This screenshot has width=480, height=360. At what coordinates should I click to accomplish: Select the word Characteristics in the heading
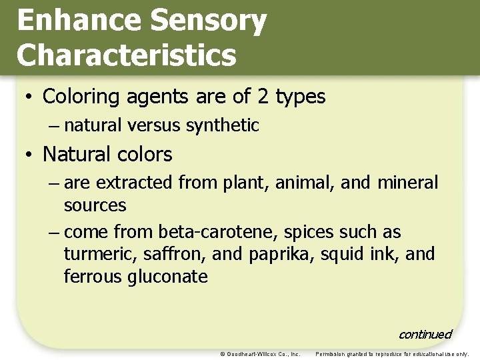point(127,55)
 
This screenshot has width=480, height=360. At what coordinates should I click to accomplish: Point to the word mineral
point(407,183)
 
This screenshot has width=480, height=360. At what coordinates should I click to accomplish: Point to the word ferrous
point(90,276)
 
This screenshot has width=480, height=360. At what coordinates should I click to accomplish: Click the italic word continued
point(425,334)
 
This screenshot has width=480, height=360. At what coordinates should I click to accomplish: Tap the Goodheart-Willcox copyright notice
point(260,354)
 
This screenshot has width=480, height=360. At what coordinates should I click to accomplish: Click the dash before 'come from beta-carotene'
point(53,233)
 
